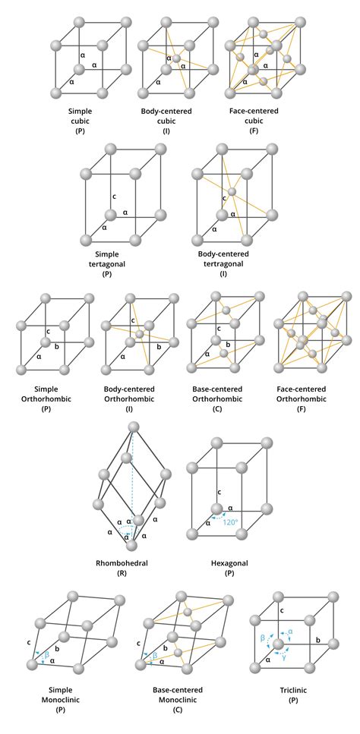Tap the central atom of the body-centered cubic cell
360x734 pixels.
coord(175,58)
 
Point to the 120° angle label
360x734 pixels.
coord(228,522)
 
